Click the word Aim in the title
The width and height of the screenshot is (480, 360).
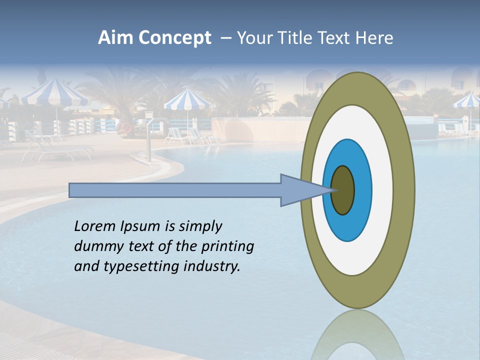tap(115, 38)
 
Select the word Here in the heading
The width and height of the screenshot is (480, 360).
tap(374, 38)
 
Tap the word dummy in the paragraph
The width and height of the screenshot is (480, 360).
tap(94, 246)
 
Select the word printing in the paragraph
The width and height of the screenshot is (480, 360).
tap(227, 246)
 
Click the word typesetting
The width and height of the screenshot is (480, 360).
tap(142, 266)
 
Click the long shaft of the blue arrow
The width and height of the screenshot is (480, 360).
tap(175, 190)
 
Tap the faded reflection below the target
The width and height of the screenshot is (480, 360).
tap(357, 335)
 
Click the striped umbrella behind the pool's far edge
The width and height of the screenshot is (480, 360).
tap(187, 100)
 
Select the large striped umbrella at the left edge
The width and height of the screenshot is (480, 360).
tap(55, 92)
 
